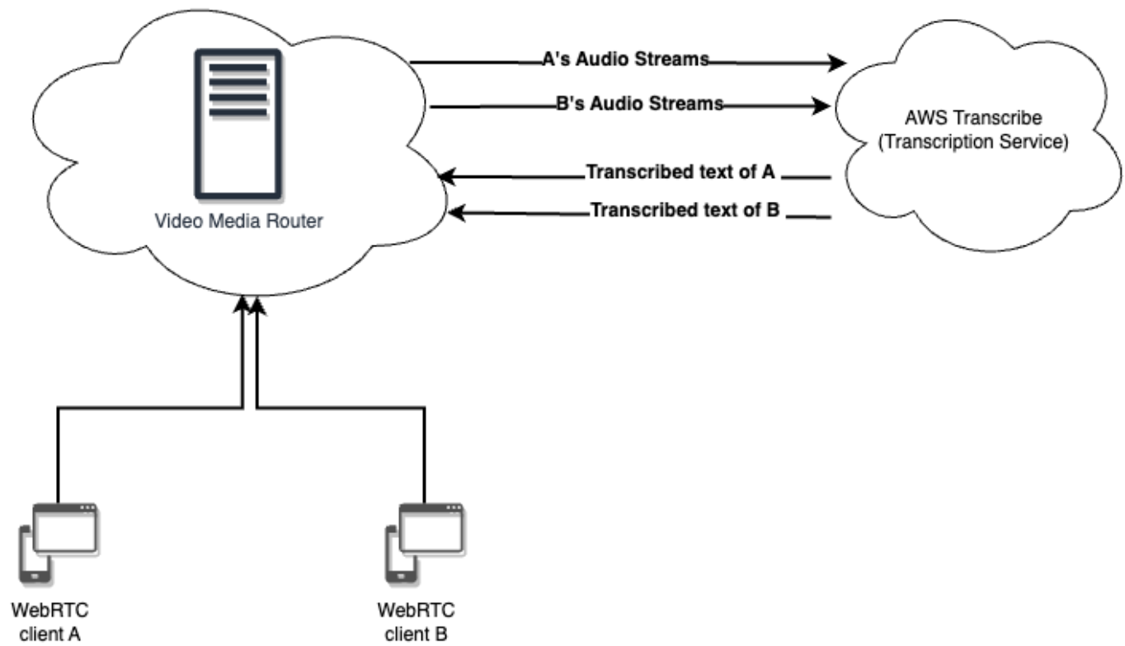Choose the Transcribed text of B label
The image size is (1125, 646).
pos(685,211)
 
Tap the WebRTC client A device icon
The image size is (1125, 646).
pos(57,540)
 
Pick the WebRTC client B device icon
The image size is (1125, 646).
pos(423,540)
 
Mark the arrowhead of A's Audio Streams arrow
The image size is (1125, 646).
pos(840,63)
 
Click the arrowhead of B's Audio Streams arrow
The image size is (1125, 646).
pos(821,105)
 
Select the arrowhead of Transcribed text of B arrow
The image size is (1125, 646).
pos(456,213)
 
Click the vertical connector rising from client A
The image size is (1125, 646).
pos(57,453)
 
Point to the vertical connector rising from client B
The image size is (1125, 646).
pos(425,453)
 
